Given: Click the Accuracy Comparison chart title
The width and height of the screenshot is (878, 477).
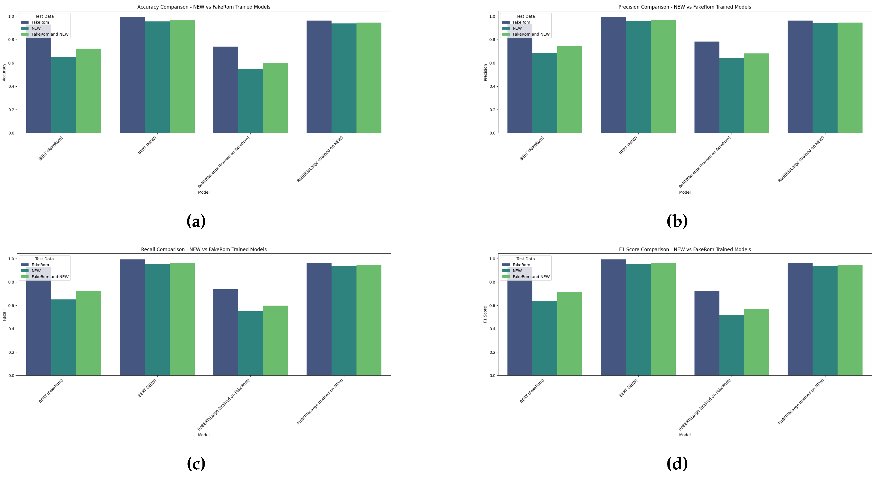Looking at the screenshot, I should tap(204, 7).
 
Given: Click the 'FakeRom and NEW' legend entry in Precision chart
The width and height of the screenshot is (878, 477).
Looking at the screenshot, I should tap(531, 34).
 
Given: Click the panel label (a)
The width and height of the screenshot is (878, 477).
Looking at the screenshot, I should tap(196, 221).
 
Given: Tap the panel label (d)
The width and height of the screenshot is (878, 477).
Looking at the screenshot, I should tap(677, 464).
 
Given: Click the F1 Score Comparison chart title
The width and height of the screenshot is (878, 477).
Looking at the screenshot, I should tap(685, 249).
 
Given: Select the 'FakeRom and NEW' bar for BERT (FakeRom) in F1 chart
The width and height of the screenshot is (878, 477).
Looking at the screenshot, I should tap(569, 334).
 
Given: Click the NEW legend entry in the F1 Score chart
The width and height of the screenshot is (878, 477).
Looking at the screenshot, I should tap(517, 271).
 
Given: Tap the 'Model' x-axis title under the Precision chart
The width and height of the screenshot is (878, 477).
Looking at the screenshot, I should tap(685, 192).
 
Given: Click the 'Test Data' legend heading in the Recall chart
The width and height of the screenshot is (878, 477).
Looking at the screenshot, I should tap(44, 259).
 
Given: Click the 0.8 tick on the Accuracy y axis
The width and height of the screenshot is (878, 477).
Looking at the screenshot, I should tap(11, 40).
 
